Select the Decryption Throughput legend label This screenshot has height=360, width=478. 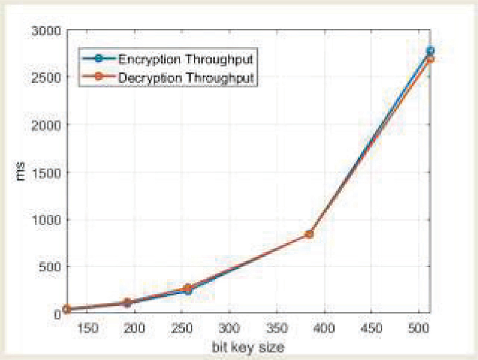pyautogui.click(x=185, y=78)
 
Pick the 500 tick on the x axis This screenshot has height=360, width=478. pyautogui.click(x=418, y=328)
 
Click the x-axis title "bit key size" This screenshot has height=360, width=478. pyautogui.click(x=246, y=346)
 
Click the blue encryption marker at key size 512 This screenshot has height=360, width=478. pyautogui.click(x=430, y=51)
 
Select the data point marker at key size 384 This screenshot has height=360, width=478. pyautogui.click(x=309, y=234)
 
